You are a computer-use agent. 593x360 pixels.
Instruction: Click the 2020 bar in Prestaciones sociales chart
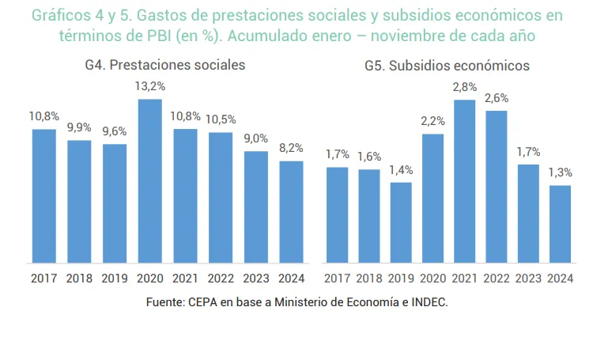pyautogui.click(x=149, y=181)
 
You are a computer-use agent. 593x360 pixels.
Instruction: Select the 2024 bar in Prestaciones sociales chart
pyautogui.click(x=291, y=212)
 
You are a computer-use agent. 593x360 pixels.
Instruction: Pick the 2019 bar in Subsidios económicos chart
pyautogui.click(x=401, y=222)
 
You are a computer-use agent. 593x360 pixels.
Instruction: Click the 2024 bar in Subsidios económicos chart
pyautogui.click(x=561, y=224)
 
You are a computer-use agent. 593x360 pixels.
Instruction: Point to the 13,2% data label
pyautogui.click(x=150, y=86)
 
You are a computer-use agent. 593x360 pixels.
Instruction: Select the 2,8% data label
pyautogui.click(x=465, y=87)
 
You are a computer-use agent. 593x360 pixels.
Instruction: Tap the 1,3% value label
pyautogui.click(x=561, y=172)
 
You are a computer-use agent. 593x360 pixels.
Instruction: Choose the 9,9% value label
pyautogui.click(x=79, y=127)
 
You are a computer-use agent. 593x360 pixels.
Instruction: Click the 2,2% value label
pyautogui.click(x=432, y=121)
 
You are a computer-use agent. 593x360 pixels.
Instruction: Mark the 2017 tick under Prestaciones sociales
pyautogui.click(x=44, y=278)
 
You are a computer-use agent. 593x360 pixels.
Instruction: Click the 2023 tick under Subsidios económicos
pyautogui.click(x=528, y=278)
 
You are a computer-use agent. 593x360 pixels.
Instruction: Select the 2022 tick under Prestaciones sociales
pyautogui.click(x=220, y=278)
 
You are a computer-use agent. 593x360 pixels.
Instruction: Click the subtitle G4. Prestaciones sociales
pyautogui.click(x=165, y=66)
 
